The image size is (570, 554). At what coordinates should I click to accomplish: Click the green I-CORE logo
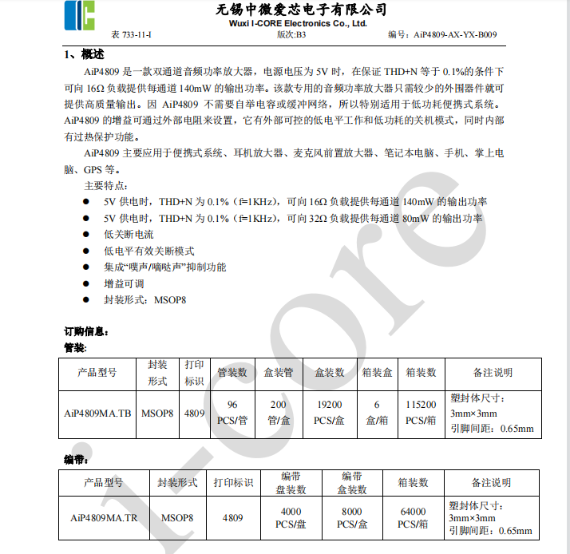80,15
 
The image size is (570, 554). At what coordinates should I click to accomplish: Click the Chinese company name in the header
302,10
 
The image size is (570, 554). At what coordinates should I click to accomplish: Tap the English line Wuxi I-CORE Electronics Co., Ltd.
302,23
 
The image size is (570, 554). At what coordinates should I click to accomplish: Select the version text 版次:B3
291,34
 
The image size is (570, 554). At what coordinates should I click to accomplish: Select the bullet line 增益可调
123,283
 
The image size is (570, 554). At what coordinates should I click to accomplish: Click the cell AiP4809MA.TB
97,414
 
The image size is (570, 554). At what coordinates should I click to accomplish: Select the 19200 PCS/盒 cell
329,413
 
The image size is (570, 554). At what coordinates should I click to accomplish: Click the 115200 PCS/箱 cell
421,413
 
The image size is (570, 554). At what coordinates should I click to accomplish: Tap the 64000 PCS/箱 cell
412,517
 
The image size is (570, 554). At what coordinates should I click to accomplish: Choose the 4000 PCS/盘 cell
290,517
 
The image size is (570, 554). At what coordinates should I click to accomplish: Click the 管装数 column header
232,372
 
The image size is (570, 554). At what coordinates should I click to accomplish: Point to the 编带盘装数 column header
290,482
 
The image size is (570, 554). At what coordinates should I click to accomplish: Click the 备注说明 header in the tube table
492,372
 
